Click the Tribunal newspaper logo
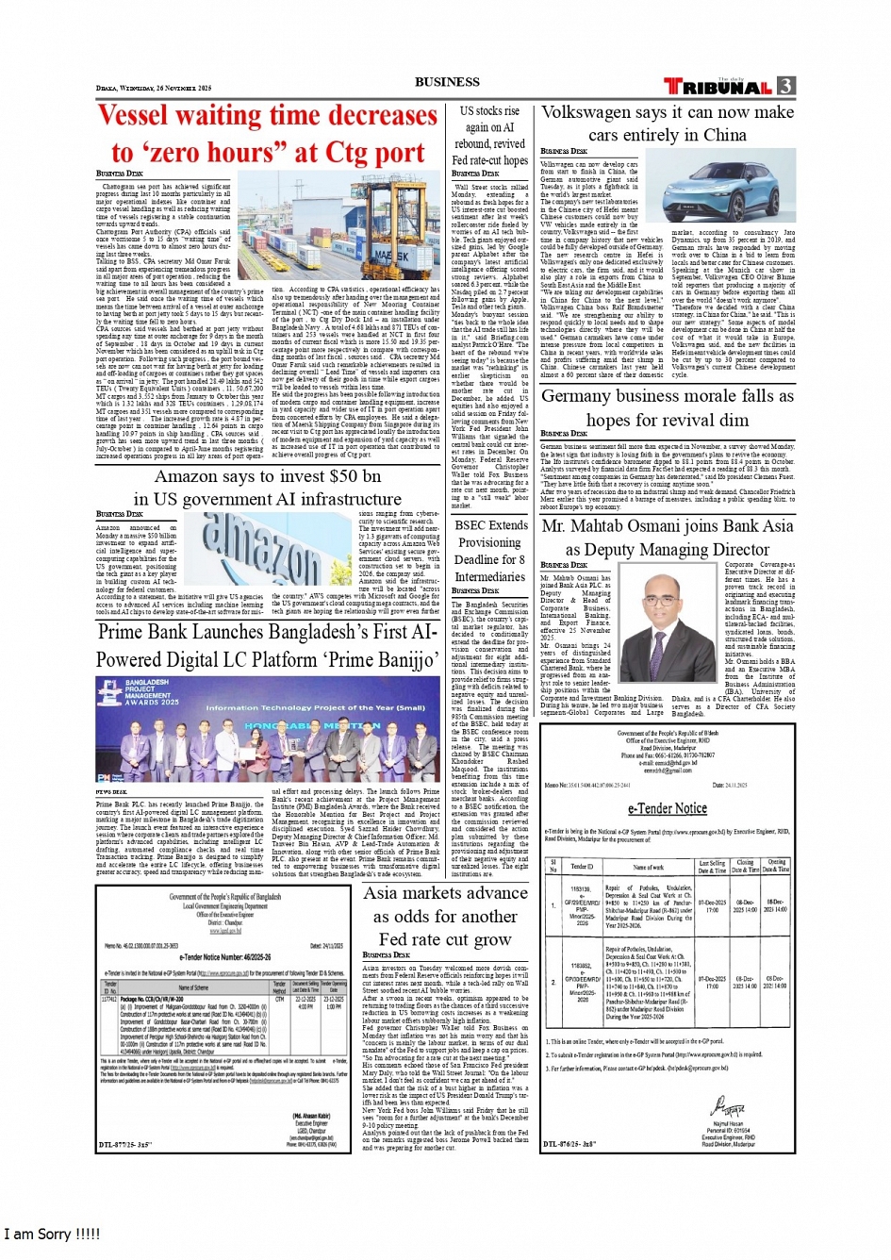(x=718, y=86)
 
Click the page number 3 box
(x=785, y=86)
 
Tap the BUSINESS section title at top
(x=447, y=82)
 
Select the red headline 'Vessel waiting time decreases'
(x=268, y=116)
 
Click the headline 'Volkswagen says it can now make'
(x=668, y=112)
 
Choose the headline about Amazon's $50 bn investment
(x=269, y=477)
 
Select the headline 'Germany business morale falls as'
(x=667, y=397)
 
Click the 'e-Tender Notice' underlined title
(x=667, y=808)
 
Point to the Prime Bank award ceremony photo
(x=268, y=729)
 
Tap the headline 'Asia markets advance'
(x=445, y=893)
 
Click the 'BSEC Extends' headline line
(x=490, y=525)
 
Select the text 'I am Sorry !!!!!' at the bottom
(x=52, y=1234)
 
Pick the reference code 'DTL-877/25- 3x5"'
(x=125, y=1145)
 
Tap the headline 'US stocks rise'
(x=489, y=111)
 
